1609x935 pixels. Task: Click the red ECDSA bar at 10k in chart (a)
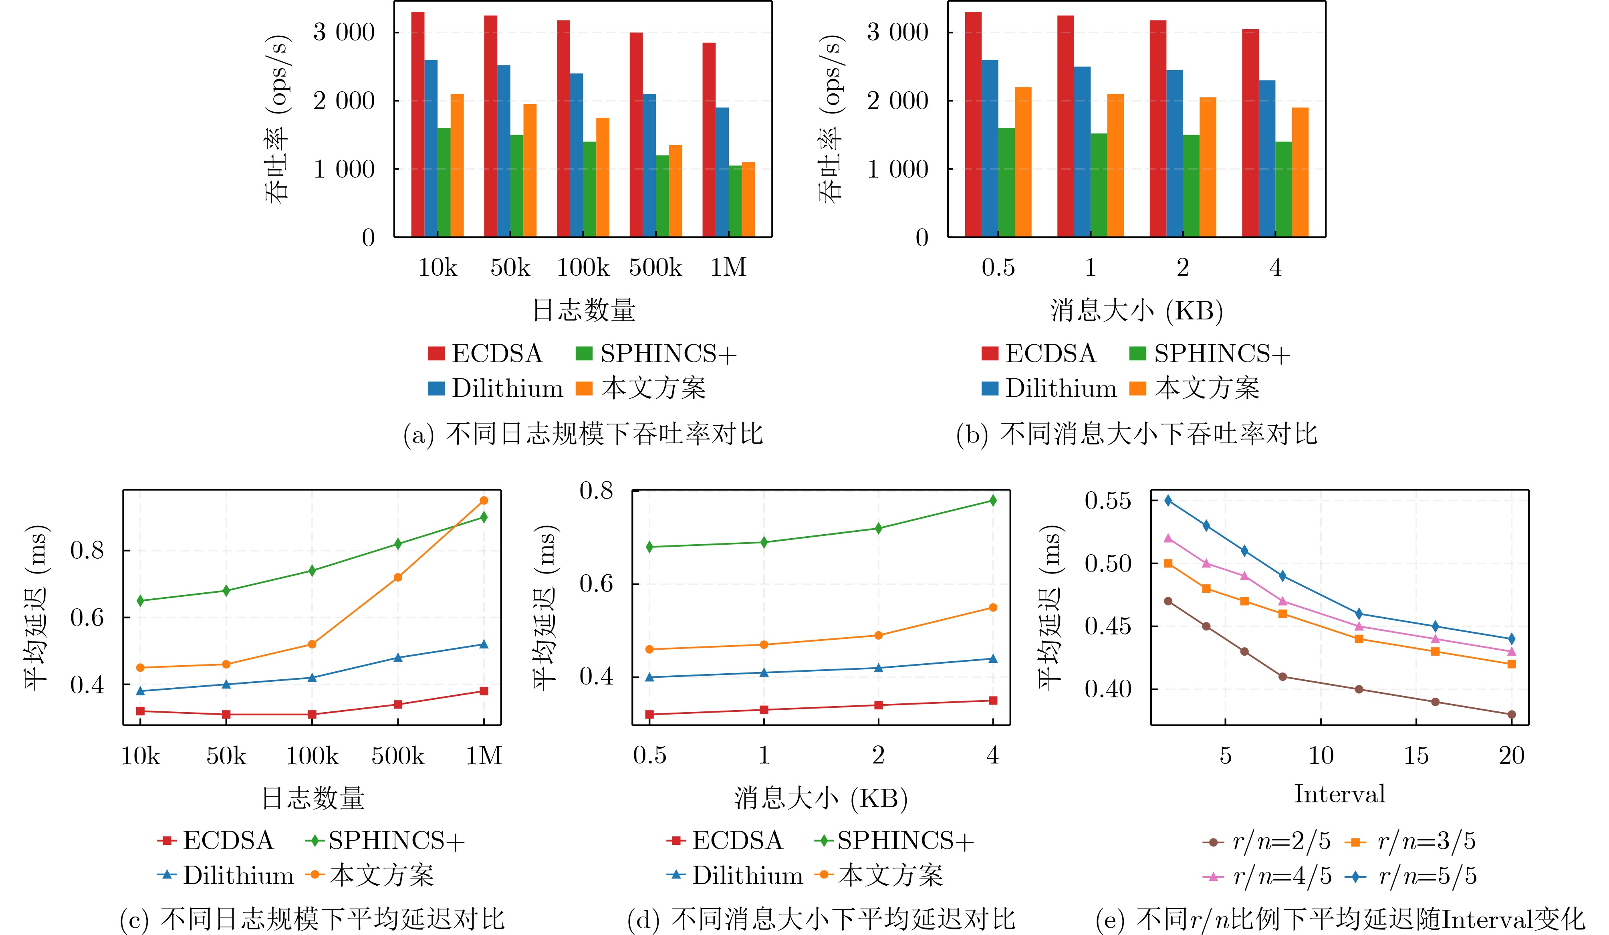tap(417, 125)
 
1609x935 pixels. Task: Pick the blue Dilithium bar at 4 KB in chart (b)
tap(1267, 158)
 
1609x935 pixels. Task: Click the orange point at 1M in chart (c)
tap(483, 501)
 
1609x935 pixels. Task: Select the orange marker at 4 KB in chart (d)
tap(993, 607)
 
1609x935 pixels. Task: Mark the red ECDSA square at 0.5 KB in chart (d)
tap(649, 714)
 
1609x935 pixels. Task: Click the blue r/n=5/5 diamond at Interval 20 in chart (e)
tap(1511, 639)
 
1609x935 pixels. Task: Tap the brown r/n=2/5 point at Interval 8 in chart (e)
tap(1283, 677)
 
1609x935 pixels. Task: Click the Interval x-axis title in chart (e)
tap(1339, 794)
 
